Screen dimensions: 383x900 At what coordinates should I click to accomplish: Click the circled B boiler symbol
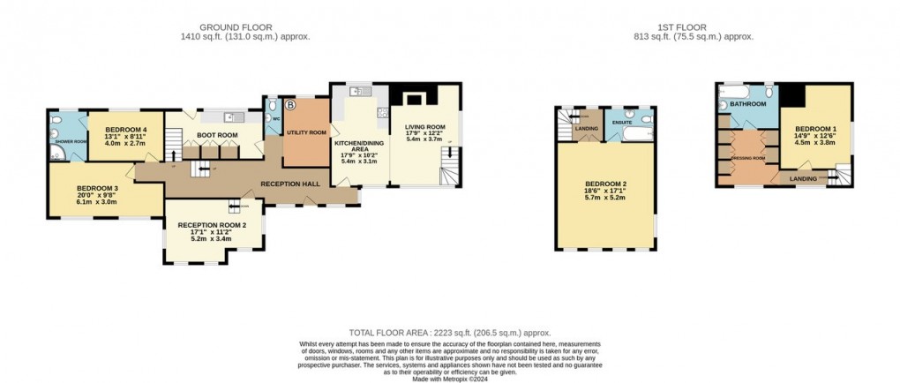(291, 105)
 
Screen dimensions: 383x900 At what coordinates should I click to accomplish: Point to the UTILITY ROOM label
(306, 132)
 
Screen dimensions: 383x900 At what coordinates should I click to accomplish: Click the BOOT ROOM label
(216, 135)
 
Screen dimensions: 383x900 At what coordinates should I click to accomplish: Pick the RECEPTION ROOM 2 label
(212, 224)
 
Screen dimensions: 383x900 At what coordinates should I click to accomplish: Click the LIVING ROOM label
(424, 127)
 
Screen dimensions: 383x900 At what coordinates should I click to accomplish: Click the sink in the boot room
(229, 116)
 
